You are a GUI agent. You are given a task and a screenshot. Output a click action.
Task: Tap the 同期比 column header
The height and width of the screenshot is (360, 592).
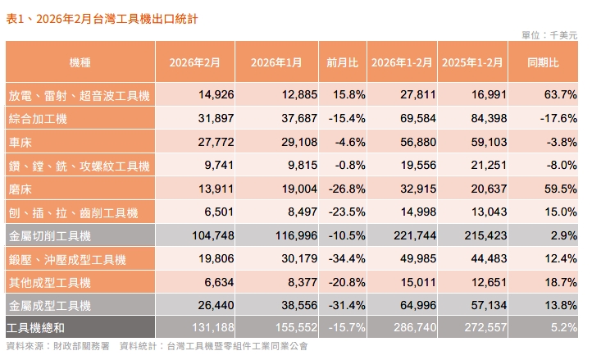(x=543, y=62)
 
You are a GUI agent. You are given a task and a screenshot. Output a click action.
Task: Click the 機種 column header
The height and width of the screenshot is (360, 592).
(x=80, y=62)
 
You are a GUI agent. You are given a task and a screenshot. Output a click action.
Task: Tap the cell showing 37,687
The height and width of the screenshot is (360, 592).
(x=285, y=119)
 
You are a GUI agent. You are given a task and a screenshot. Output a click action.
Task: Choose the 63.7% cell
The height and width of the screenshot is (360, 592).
(x=560, y=96)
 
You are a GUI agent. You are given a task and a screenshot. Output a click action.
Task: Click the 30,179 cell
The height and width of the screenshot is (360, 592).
(x=285, y=260)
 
